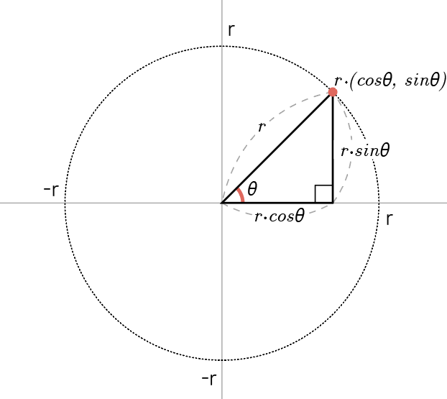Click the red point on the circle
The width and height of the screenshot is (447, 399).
pos(333,92)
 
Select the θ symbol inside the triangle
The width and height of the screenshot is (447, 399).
pos(252,190)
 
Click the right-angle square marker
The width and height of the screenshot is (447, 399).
pos(323,194)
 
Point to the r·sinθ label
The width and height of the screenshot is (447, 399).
pos(364,152)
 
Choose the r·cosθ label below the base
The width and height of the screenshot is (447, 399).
pos(280,216)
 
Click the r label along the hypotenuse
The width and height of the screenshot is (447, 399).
pos(262,126)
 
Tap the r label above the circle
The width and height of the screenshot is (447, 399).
pos(231,29)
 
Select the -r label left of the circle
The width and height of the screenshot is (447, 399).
pos(50,191)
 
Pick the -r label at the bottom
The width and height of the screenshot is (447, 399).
pos(209,379)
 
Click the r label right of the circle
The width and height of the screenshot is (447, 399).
pos(390,219)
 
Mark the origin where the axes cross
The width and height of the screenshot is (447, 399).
pos(222,203)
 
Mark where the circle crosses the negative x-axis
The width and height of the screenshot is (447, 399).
pos(65,203)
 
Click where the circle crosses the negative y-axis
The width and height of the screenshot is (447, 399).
pos(222,359)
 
